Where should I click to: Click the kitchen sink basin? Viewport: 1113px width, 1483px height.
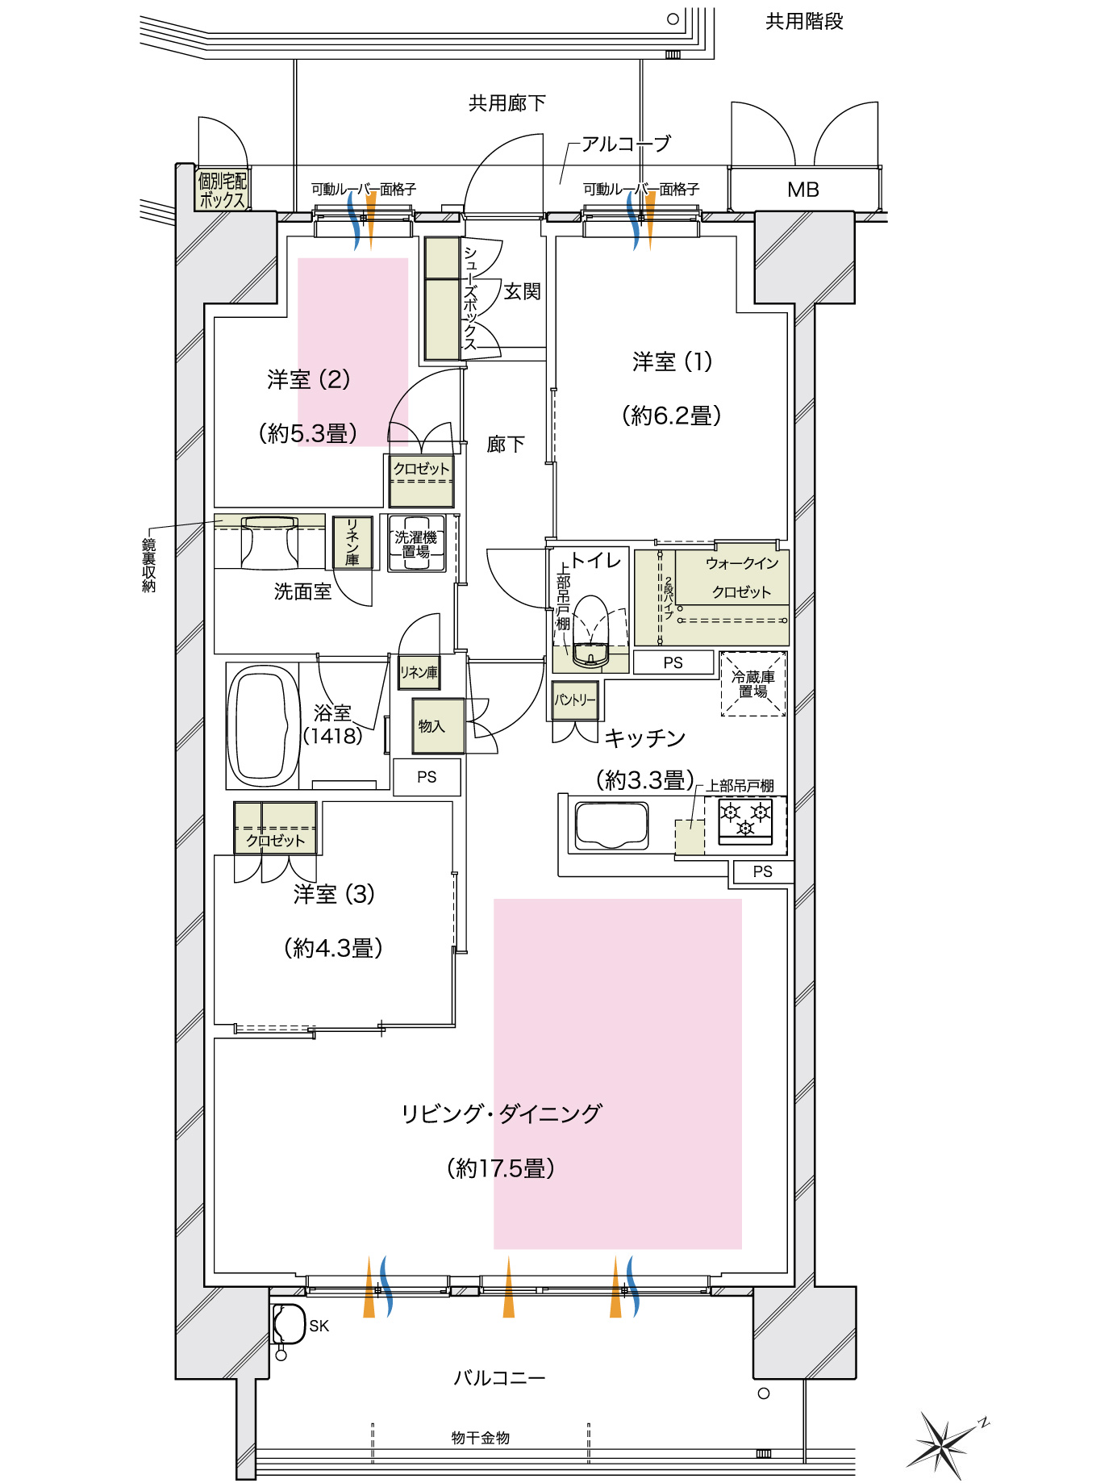click(611, 825)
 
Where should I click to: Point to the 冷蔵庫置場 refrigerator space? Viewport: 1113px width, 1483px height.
click(752, 684)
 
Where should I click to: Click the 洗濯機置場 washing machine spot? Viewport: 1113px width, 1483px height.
click(417, 544)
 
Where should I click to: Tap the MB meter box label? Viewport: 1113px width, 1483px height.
click(803, 190)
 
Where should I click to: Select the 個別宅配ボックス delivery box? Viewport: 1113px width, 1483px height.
click(222, 191)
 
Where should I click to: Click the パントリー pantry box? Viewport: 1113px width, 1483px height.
click(575, 700)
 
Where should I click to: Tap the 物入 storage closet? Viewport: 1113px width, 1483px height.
click(438, 725)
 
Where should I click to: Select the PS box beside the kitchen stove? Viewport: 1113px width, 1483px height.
click(762, 871)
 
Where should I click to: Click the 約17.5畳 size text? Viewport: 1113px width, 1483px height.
click(501, 1168)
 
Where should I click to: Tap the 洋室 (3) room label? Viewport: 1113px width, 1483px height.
click(334, 894)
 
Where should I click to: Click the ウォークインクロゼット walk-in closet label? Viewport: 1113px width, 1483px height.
click(741, 577)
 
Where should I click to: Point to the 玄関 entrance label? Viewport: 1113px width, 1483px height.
click(522, 291)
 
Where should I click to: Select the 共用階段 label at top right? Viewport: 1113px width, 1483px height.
click(804, 22)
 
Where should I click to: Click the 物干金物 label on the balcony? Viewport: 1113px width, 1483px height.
click(480, 1437)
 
